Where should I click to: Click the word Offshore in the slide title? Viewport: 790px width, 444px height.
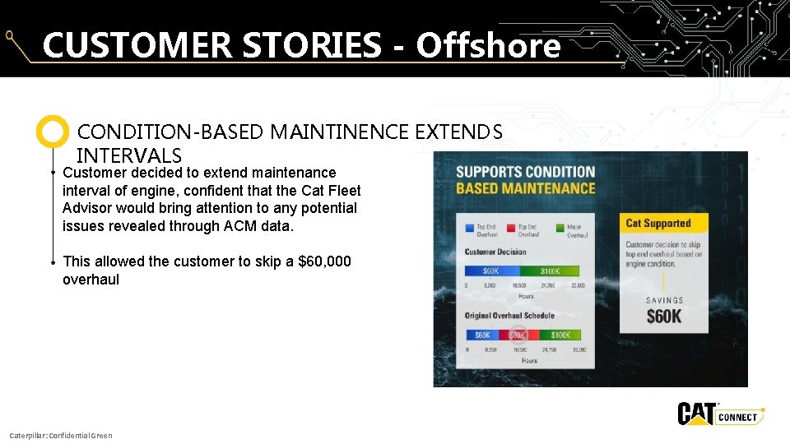(x=488, y=45)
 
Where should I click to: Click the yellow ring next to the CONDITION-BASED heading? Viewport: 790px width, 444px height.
(x=53, y=132)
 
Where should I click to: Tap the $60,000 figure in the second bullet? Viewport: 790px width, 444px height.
(x=324, y=261)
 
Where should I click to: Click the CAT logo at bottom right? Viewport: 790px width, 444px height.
(x=695, y=414)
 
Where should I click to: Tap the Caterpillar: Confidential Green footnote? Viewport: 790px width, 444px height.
(x=60, y=435)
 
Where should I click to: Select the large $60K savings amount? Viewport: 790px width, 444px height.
(x=663, y=317)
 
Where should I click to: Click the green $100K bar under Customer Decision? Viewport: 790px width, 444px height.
(x=551, y=271)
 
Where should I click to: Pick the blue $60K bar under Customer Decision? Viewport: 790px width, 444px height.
(x=491, y=271)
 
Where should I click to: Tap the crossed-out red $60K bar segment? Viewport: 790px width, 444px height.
(x=519, y=335)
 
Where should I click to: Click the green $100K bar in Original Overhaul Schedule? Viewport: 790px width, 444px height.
(x=560, y=335)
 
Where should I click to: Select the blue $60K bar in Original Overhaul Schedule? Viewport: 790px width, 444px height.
(x=483, y=335)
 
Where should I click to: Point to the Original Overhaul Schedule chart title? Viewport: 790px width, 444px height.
(x=509, y=316)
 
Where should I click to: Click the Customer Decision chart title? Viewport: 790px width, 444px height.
(x=495, y=252)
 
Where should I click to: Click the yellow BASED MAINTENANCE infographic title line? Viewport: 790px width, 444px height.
(x=526, y=188)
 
